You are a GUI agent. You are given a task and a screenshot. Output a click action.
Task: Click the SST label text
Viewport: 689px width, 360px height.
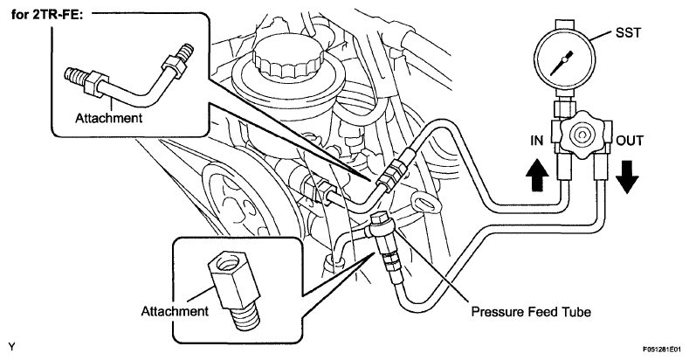click(x=628, y=32)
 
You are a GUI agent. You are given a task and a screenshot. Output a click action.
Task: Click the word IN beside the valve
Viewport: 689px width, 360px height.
click(x=536, y=140)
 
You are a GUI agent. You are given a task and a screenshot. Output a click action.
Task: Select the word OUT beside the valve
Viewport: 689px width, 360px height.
click(x=630, y=141)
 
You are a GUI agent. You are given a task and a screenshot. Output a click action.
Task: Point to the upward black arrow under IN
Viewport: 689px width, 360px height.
click(x=536, y=175)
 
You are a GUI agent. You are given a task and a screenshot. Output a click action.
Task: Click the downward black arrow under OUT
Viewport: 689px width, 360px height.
click(x=627, y=177)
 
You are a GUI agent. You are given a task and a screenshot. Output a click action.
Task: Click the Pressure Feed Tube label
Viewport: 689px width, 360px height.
click(x=531, y=312)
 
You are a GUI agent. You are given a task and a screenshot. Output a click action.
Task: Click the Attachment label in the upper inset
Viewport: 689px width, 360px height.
click(x=108, y=118)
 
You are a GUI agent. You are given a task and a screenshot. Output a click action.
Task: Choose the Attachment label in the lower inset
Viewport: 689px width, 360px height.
click(x=175, y=311)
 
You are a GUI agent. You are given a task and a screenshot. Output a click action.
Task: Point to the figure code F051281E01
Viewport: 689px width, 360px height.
click(x=661, y=350)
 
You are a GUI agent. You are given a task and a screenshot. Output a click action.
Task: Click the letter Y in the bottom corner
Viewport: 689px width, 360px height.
click(x=11, y=347)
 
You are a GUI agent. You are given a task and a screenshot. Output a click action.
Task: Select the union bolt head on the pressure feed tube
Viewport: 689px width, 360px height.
click(x=381, y=218)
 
